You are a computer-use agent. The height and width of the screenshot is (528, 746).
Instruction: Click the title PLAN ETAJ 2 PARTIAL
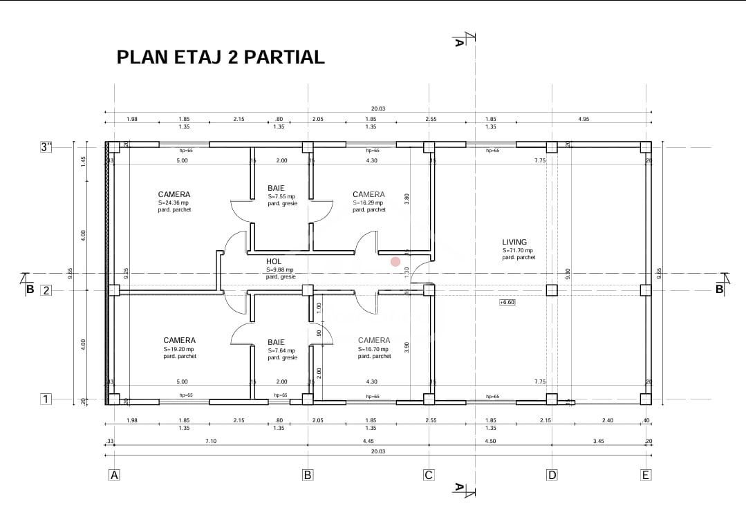221,57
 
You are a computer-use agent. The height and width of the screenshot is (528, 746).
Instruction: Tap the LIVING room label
514,242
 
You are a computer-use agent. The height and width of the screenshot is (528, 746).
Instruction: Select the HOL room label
274,261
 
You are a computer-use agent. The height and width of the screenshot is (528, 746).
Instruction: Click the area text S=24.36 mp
174,202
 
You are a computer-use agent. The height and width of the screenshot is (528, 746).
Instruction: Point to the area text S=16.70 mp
374,349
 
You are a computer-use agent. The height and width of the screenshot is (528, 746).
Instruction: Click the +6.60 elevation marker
507,302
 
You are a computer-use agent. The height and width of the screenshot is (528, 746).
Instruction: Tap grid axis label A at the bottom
115,475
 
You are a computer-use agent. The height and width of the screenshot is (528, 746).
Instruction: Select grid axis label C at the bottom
429,475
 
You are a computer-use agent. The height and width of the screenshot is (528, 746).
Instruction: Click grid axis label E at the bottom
646,475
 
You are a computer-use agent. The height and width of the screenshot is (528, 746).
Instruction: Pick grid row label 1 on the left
46,399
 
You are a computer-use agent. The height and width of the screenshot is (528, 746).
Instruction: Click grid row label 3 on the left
46,147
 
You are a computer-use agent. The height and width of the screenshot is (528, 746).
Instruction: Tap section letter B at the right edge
719,290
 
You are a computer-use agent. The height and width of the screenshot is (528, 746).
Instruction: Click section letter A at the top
458,42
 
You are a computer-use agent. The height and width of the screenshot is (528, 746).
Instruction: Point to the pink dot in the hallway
395,262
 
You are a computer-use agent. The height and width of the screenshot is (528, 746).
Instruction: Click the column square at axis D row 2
552,290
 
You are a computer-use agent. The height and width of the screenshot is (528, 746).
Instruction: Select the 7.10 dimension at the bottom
211,441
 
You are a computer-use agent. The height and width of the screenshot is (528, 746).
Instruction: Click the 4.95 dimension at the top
584,119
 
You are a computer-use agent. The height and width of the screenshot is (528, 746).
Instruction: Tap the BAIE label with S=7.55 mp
276,188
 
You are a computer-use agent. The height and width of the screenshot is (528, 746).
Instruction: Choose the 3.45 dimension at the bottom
598,441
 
